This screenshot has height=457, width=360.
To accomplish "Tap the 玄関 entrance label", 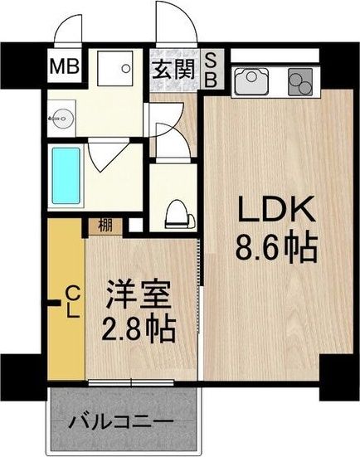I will pos(172,67).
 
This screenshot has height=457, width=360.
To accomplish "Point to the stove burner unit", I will pos(299,80).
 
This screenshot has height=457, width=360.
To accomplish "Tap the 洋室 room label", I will pos(139,295).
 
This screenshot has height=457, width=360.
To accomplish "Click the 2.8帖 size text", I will pos(139,330).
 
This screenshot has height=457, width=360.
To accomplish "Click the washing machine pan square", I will pos(114,70).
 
